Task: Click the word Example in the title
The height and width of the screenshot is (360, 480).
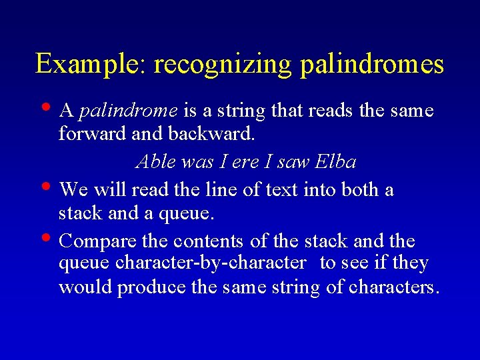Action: click(x=91, y=64)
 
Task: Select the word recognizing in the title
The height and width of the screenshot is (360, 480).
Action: click(x=223, y=65)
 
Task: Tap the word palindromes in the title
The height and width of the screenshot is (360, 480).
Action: click(x=372, y=65)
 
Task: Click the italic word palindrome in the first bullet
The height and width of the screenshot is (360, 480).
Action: click(x=128, y=111)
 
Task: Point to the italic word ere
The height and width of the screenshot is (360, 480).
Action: click(x=243, y=162)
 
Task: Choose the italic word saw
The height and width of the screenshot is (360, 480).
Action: click(x=293, y=162)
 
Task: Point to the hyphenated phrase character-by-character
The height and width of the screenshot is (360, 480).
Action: click(x=210, y=263)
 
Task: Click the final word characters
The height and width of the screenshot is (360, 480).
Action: click(x=395, y=288)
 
